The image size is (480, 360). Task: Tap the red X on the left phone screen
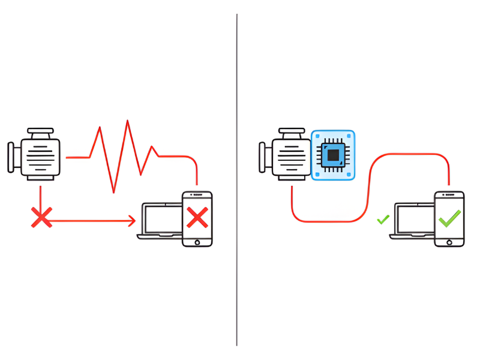coord(197,217)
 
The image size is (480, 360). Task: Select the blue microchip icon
coord(333,155)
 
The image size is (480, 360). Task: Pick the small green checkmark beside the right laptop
coord(383,220)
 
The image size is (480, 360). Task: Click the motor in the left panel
coord(40,156)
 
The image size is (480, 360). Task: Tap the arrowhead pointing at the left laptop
coord(132,221)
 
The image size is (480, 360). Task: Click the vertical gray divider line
coord(237,180)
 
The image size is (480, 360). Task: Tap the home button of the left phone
coord(197,241)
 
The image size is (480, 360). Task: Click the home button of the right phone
coord(449,241)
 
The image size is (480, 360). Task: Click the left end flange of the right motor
coord(262,157)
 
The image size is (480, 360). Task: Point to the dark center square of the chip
coord(333,155)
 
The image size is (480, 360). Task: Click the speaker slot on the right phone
coord(449,196)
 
